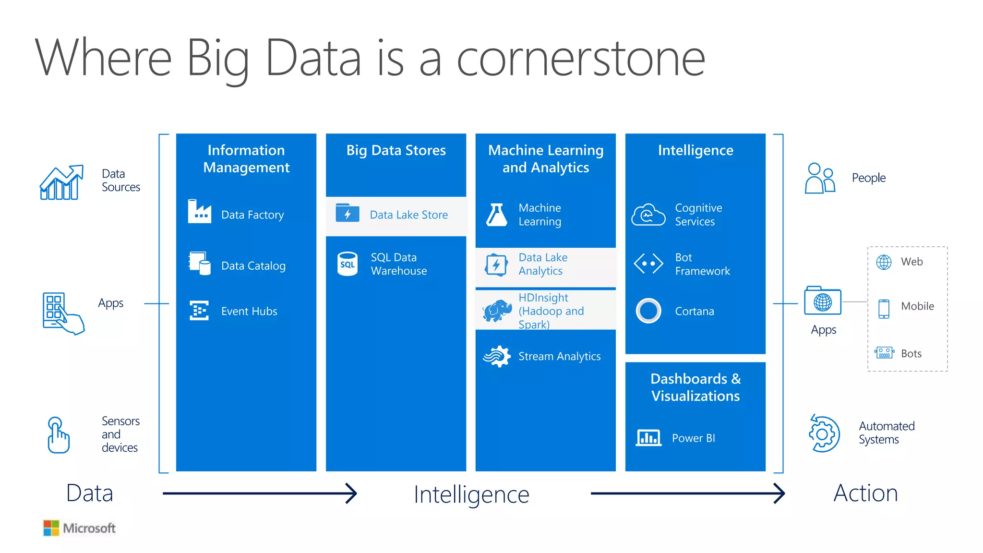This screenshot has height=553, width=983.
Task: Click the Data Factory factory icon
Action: [x=200, y=211]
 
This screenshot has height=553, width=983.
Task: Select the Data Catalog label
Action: [x=253, y=266]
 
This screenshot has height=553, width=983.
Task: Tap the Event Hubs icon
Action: [x=199, y=311]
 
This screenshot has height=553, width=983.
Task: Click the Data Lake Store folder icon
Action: [x=348, y=213]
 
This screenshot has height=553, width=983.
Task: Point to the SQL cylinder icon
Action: [x=348, y=264]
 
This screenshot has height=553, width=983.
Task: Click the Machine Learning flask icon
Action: [x=497, y=215]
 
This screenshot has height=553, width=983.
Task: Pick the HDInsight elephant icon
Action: [x=497, y=311]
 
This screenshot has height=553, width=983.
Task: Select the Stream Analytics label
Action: [x=559, y=356]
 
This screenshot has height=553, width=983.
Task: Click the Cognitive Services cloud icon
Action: [x=648, y=215]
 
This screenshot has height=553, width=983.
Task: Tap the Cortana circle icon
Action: [x=648, y=311]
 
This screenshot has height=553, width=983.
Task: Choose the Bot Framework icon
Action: [x=648, y=264]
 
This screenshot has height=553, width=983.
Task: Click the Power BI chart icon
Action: [x=648, y=437]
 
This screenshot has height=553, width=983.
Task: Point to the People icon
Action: [x=820, y=178]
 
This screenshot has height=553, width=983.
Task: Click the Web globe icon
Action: [x=884, y=262]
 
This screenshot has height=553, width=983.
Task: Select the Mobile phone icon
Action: [x=884, y=309]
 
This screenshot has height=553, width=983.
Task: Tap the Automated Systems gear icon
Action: [x=824, y=433]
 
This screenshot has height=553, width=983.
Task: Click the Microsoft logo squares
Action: [x=51, y=528]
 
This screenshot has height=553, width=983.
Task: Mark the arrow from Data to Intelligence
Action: [x=260, y=493]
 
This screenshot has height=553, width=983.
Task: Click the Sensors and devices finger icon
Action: [x=58, y=435]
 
